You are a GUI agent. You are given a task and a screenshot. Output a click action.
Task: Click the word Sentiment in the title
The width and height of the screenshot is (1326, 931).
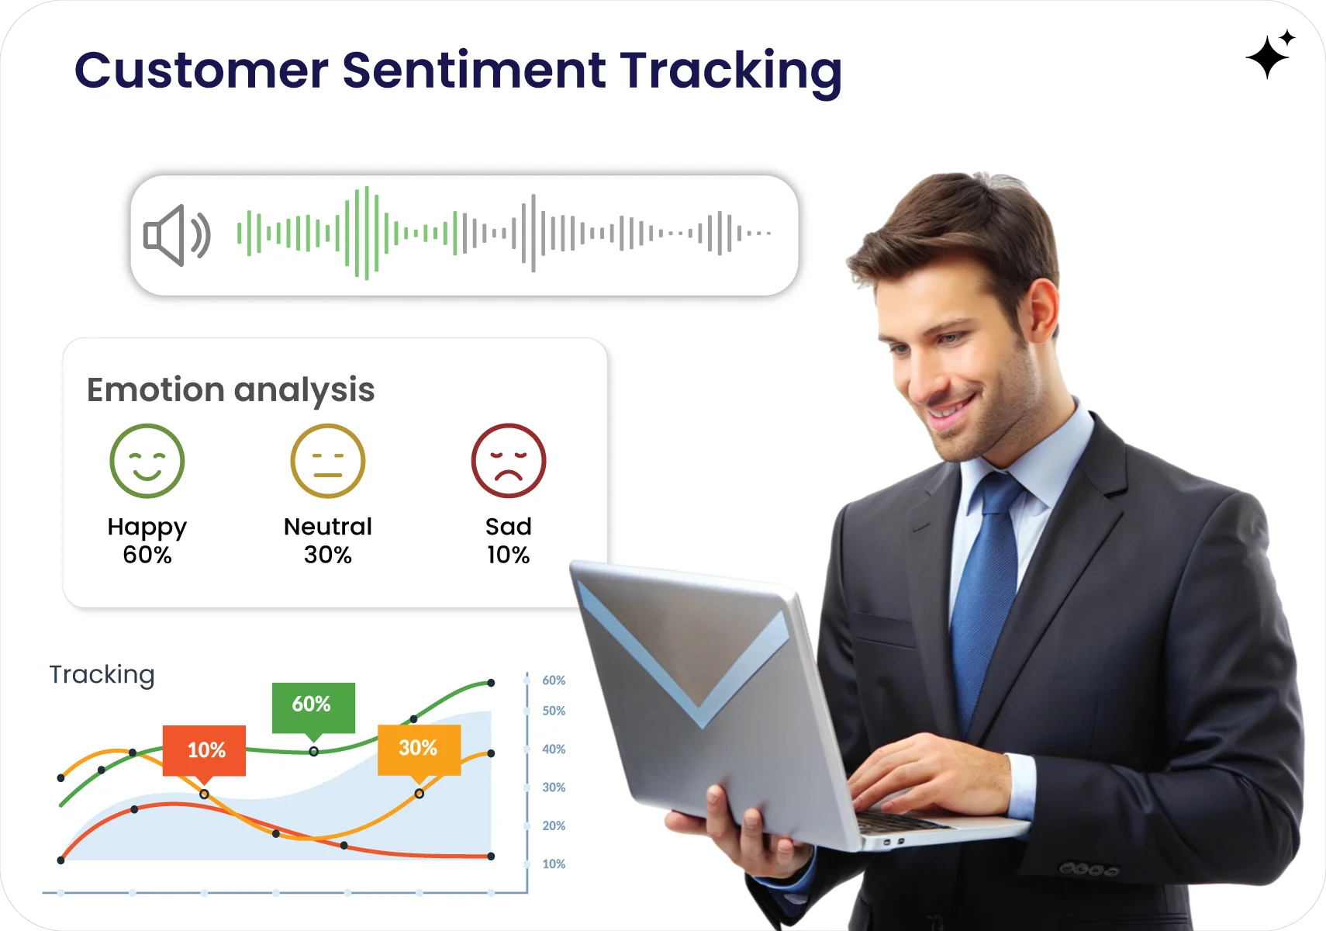coord(473,71)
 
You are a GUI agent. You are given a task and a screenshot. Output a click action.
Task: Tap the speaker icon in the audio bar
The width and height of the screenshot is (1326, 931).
coord(177,235)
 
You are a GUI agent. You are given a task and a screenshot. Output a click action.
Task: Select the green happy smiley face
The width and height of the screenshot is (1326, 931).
coord(147,461)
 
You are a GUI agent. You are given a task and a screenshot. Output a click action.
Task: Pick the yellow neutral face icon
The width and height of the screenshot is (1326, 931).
coord(328,461)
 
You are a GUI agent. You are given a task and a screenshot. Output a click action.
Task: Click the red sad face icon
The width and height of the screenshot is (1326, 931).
coord(509,461)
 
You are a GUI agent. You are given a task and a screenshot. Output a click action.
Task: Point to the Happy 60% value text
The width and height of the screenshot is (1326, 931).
coord(147,555)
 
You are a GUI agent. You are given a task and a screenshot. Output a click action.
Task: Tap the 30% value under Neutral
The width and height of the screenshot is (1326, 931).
coord(328,555)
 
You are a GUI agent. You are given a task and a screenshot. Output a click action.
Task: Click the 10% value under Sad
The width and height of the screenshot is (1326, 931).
coord(509,555)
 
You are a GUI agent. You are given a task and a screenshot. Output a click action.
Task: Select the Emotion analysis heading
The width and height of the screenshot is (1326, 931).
coord(230,389)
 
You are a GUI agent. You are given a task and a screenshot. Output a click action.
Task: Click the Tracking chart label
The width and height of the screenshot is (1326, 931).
coord(102,674)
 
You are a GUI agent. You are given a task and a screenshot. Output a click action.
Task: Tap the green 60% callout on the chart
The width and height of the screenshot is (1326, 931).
coord(313,705)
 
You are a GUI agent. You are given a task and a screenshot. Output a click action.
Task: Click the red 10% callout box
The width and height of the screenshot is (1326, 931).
coord(205,749)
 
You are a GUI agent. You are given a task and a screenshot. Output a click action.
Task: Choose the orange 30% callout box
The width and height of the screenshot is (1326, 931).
coord(419,748)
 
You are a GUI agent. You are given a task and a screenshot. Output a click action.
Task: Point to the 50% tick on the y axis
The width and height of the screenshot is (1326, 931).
coord(554,711)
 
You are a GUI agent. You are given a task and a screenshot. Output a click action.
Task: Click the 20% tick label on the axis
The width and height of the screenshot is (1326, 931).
coord(554,825)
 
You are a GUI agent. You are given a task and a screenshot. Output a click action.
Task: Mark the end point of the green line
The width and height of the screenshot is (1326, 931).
coord(491,683)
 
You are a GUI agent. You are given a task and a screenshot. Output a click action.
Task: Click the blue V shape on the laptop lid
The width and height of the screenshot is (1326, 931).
coord(690,667)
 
